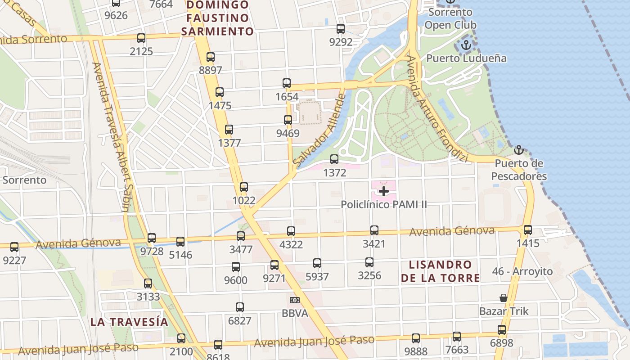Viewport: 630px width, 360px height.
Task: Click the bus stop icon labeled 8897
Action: pyautogui.click(x=210, y=57)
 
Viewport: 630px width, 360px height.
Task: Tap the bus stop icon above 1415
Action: pyautogui.click(x=528, y=230)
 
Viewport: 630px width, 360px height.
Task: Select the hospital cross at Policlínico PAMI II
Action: pyautogui.click(x=384, y=191)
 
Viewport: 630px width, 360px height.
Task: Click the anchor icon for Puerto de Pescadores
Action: pyautogui.click(x=519, y=150)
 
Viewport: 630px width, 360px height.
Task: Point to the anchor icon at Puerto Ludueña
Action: pyautogui.click(x=466, y=45)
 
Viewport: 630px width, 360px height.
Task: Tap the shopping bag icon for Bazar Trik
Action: pyautogui.click(x=504, y=298)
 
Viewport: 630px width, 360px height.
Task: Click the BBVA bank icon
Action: pyautogui.click(x=295, y=300)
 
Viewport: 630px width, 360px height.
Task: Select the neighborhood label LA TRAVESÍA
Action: pyautogui.click(x=129, y=322)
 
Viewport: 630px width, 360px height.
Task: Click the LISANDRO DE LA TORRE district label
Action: pyautogui.click(x=440, y=271)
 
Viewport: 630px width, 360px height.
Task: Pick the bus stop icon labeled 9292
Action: pyautogui.click(x=341, y=29)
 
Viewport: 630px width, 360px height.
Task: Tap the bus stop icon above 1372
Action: pyautogui.click(x=334, y=159)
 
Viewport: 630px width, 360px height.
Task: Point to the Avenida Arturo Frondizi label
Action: pyautogui.click(x=437, y=108)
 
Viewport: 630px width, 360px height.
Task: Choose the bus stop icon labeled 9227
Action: pyautogui.click(x=14, y=247)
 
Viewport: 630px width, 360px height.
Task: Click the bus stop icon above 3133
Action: pyautogui.click(x=148, y=283)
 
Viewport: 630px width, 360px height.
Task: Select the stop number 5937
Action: pyautogui.click(x=317, y=277)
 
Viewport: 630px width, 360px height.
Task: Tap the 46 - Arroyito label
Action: pyautogui.click(x=522, y=271)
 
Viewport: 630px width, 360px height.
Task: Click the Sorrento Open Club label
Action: pyautogui.click(x=450, y=18)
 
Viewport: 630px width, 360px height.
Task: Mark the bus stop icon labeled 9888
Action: pyautogui.click(x=416, y=338)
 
